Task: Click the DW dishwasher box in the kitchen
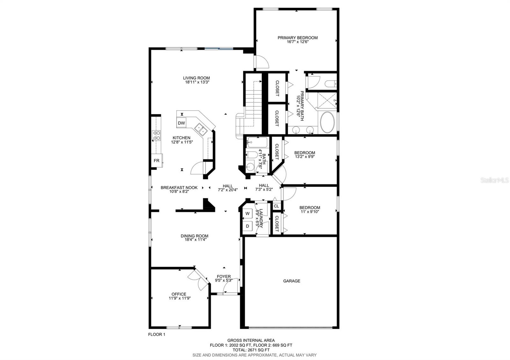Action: coord(181,123)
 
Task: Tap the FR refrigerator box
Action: coord(157,161)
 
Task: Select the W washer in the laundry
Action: coord(247,213)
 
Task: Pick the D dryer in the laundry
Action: coord(247,226)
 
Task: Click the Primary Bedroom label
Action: coord(297,38)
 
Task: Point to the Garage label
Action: coord(292,281)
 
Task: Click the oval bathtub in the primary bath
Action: coord(327,122)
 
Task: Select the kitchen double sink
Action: coord(200,129)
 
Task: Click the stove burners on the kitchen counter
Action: coord(157,135)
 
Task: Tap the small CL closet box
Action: coord(276,206)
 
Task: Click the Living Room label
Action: coord(196,78)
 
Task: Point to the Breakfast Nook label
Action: coord(179,188)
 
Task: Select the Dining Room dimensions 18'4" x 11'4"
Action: coord(194,240)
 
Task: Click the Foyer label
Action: coord(224,277)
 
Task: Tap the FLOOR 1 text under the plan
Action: coord(157,335)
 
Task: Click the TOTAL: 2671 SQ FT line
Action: coord(251,350)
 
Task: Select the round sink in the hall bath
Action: coord(251,167)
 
